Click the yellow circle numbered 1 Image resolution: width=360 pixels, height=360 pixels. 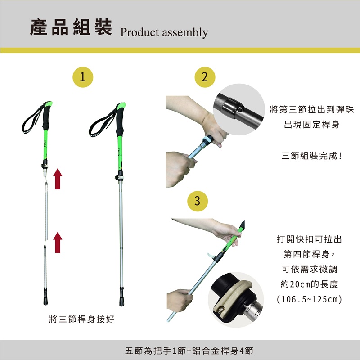click(83, 77)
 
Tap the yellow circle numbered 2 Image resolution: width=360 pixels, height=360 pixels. click(205, 77)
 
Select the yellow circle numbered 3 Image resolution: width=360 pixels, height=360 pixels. click(198, 201)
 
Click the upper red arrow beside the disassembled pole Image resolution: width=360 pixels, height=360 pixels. click(58, 179)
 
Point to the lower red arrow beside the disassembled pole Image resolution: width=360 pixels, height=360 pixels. click(58, 243)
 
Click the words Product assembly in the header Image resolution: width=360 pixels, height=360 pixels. click(164, 32)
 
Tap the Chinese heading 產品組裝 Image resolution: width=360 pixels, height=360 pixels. click(71, 27)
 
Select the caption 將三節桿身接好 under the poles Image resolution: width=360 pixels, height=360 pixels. click(82, 319)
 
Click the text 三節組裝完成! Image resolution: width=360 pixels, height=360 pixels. click(311, 156)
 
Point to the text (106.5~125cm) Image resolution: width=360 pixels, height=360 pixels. click(309, 299)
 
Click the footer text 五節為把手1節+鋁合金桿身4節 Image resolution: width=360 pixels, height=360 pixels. click(189, 351)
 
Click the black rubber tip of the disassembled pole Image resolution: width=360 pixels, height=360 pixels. click(45, 297)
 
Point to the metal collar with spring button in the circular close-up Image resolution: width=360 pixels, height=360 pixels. click(232, 108)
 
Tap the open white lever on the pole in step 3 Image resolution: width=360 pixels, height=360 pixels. click(210, 255)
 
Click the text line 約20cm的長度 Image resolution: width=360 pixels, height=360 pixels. click(309, 284)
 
